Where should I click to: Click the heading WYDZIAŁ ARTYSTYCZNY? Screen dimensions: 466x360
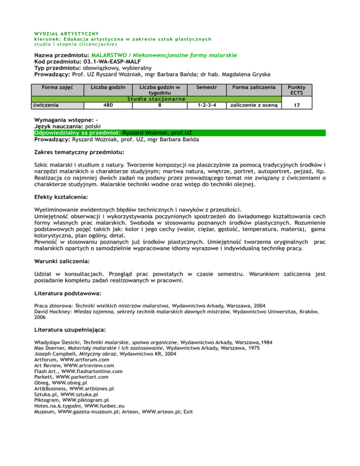pos(66,33)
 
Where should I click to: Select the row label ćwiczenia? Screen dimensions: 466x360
pos(45,105)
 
